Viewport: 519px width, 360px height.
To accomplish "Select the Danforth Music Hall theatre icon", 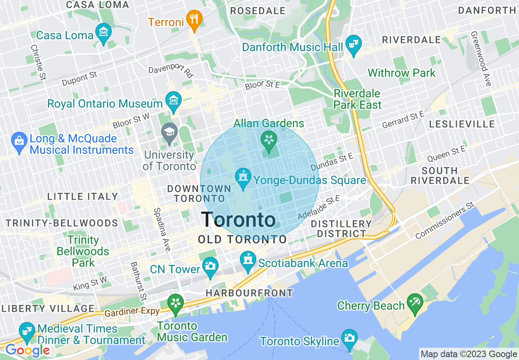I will click(353, 45).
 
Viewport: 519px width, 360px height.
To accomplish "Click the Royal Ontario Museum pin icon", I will click(174, 101).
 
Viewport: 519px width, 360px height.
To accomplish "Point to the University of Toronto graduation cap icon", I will click(169, 133).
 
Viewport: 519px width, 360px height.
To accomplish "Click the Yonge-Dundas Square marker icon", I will click(243, 178).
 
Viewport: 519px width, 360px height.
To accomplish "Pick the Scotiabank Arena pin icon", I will click(248, 261).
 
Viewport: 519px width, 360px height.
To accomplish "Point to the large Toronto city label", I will click(238, 220).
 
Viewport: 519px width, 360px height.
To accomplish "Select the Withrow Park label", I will click(402, 73).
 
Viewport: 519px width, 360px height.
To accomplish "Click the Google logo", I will click(27, 350).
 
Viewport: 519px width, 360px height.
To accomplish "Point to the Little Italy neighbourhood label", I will click(83, 197).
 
